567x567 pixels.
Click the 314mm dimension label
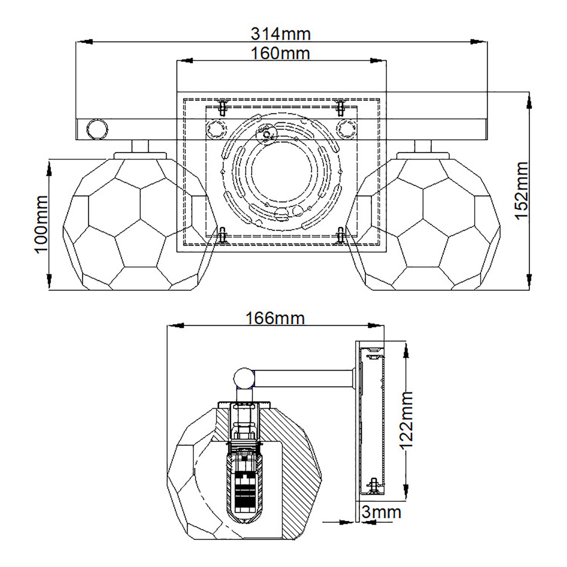(281, 34)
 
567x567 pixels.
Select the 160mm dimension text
(281, 53)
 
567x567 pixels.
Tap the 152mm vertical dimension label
(521, 190)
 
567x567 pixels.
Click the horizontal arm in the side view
(302, 378)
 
